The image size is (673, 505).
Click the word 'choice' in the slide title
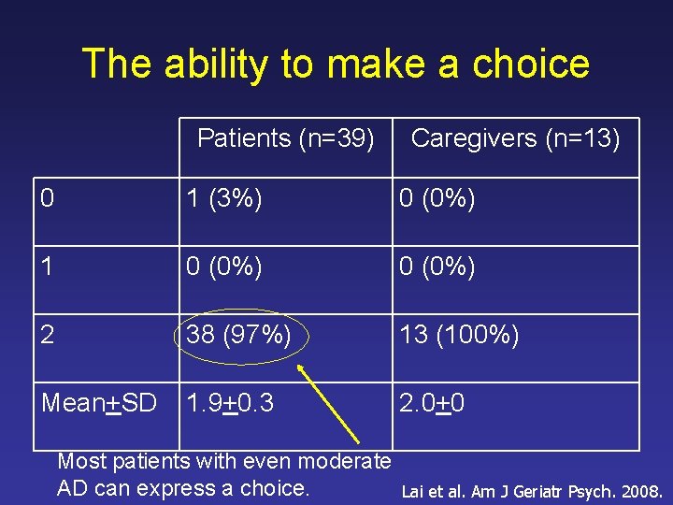click(531, 65)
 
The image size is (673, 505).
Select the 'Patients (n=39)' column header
click(285, 139)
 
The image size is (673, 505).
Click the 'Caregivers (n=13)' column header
click(515, 139)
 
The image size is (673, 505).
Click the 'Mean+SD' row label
click(97, 403)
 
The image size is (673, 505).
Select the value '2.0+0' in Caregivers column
click(432, 403)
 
